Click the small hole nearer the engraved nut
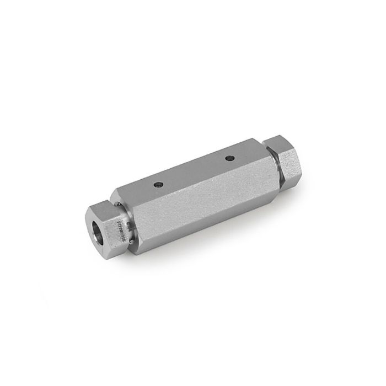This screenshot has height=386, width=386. (x=159, y=184)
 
